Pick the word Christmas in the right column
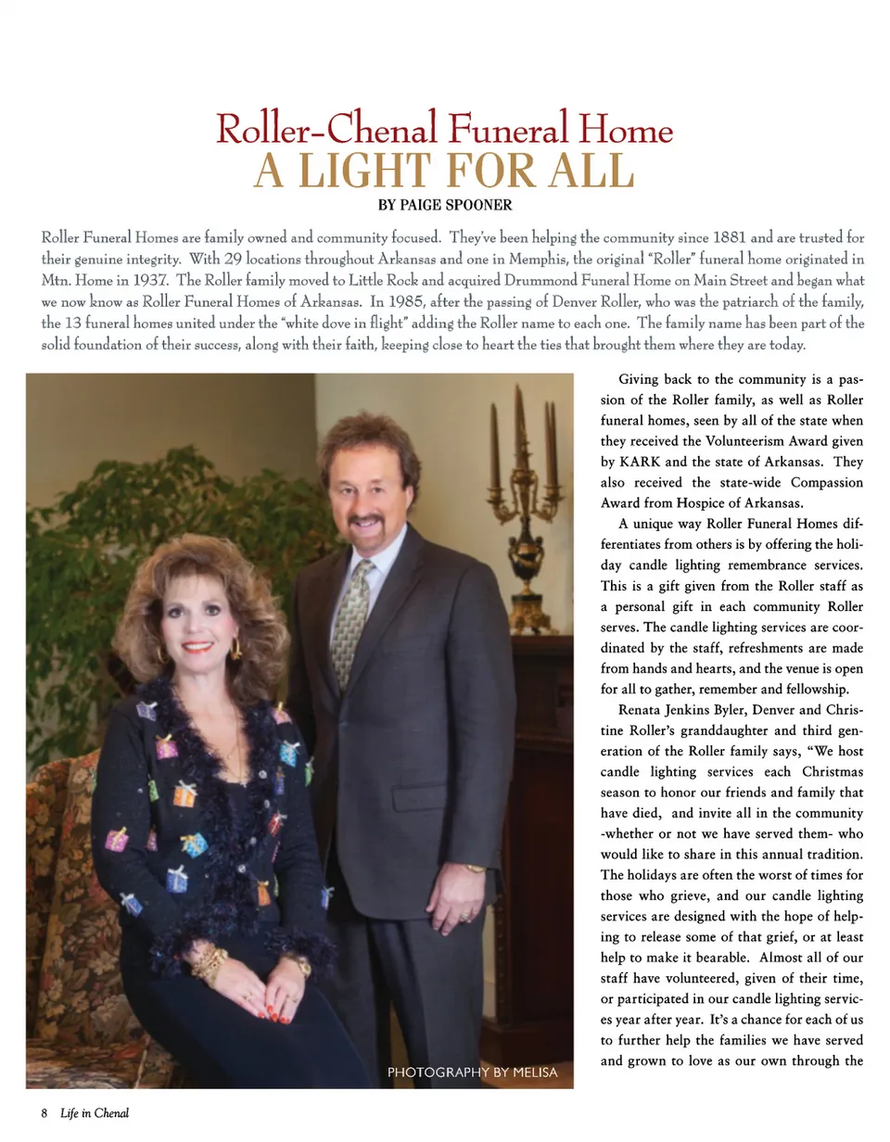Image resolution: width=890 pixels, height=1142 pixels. click(832, 771)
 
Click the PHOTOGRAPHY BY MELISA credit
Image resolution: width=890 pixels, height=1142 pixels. click(472, 1072)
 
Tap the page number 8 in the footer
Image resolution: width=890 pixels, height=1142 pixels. click(44, 1112)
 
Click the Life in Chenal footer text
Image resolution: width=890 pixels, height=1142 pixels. click(95, 1112)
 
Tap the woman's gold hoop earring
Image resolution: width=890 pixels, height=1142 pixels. click(235, 649)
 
